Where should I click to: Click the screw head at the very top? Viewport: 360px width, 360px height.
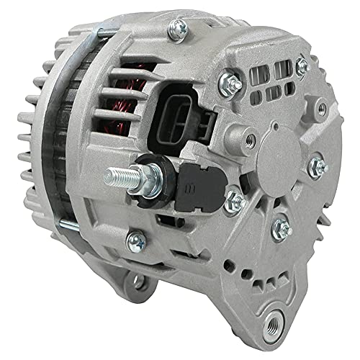point(176,29)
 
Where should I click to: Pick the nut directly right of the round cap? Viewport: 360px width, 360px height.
point(317,167)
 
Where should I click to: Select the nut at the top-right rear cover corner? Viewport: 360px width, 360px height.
point(302,66)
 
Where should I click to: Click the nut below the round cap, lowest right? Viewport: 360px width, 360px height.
point(282,229)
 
